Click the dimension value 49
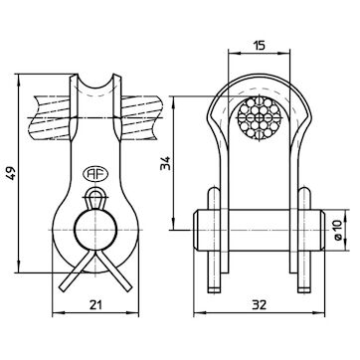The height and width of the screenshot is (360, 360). [x=12, y=173]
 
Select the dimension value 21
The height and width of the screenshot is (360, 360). [x=95, y=305]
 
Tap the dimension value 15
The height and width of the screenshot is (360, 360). [x=259, y=45]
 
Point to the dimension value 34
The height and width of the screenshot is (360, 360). [x=165, y=163]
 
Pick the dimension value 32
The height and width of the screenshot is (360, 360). [x=259, y=305]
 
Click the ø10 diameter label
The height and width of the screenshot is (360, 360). [x=337, y=231]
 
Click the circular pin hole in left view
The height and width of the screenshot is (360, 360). [x=95, y=230]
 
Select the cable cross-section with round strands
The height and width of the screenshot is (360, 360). [x=259, y=118]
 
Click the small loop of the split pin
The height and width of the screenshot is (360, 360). [x=95, y=198]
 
